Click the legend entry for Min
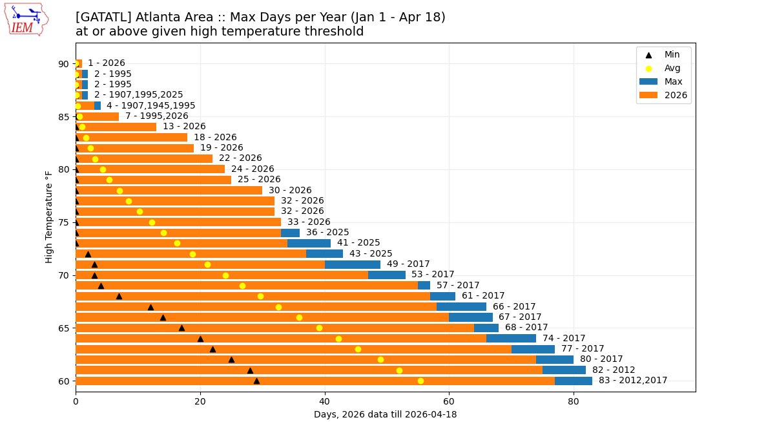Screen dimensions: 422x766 tap(672, 55)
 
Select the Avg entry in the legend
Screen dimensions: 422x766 tap(672, 68)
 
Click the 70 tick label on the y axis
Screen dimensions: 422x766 tap(64, 275)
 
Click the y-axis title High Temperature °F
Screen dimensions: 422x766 tap(49, 217)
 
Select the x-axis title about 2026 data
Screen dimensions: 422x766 tap(385, 414)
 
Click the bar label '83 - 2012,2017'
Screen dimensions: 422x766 tap(632, 381)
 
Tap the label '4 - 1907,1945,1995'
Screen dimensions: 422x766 tap(150, 105)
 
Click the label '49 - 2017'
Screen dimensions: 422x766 tap(408, 264)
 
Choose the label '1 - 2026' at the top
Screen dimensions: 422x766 tap(107, 63)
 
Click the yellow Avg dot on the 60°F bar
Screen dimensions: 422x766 tap(420, 381)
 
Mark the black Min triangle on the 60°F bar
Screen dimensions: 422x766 tap(256, 381)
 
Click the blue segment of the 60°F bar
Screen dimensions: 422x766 tap(574, 381)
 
